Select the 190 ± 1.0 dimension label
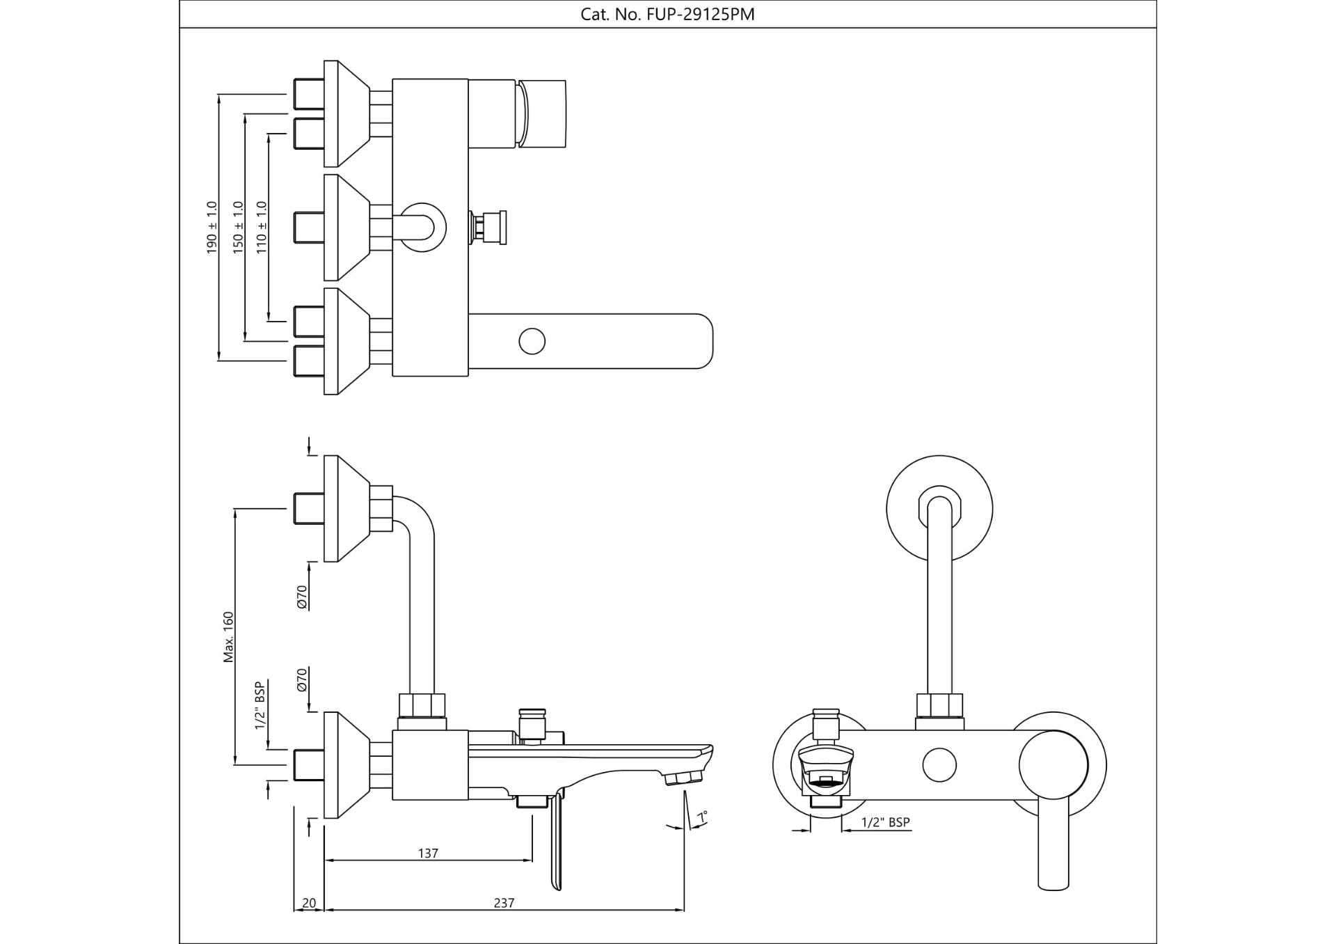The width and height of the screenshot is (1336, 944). click(212, 227)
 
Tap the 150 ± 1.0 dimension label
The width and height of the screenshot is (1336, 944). click(238, 227)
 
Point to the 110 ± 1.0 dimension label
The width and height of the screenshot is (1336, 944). click(262, 227)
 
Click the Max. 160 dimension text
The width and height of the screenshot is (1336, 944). click(228, 637)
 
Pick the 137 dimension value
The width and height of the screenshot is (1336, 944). click(428, 853)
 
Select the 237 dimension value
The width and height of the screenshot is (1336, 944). click(504, 903)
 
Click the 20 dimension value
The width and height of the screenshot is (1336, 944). click(309, 903)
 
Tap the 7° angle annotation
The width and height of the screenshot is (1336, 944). click(703, 817)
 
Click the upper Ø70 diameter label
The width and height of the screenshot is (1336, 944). click(302, 597)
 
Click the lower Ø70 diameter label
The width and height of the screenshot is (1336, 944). click(302, 679)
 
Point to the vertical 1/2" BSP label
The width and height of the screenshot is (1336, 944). click(260, 706)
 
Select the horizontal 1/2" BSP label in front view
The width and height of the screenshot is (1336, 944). click(885, 822)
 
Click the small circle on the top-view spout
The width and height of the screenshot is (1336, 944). click(532, 341)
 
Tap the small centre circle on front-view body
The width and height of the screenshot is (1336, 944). click(939, 765)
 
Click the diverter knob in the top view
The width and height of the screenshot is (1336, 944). click(490, 227)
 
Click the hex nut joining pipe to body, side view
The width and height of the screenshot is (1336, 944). click(421, 705)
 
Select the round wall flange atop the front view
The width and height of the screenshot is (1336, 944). click(939, 509)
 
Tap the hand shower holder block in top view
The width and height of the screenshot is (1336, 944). click(541, 113)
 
